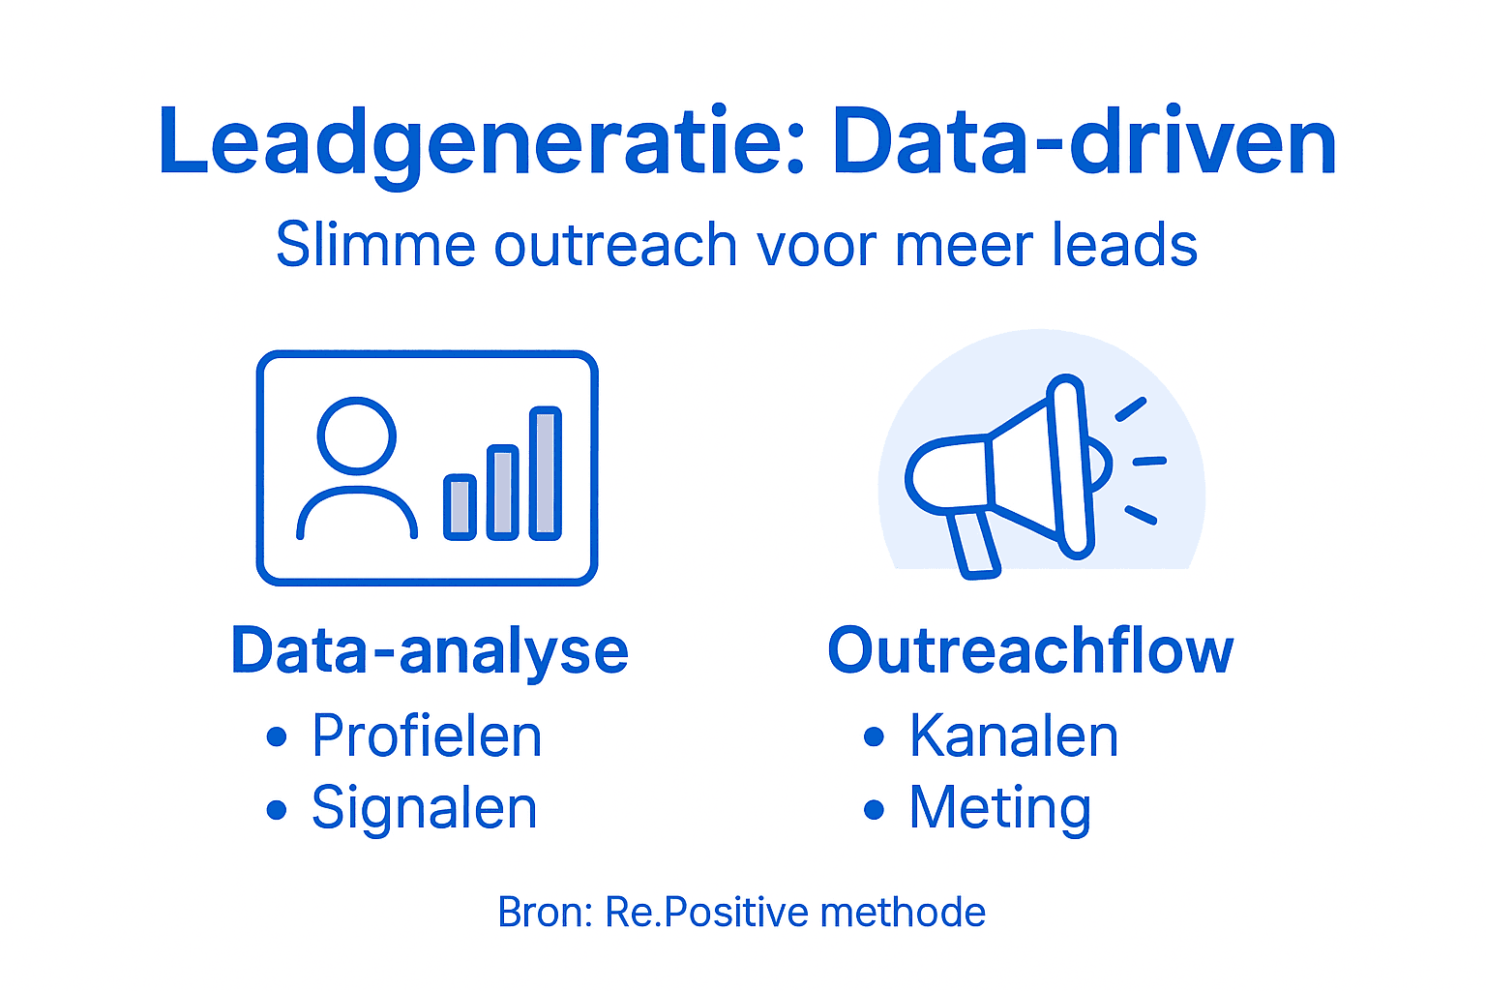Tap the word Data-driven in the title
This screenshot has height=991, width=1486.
click(x=1084, y=143)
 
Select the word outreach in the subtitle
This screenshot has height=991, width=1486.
click(x=615, y=245)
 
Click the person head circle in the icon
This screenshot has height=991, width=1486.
click(x=357, y=435)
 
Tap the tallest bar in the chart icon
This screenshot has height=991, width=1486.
click(x=546, y=472)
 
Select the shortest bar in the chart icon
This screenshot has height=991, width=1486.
click(x=460, y=506)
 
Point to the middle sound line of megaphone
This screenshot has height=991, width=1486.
click(x=1149, y=462)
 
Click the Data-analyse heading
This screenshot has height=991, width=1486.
click(x=430, y=650)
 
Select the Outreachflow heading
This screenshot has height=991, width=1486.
click(x=1030, y=650)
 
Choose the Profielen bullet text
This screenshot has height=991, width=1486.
click(x=427, y=736)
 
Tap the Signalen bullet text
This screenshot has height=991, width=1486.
click(x=424, y=808)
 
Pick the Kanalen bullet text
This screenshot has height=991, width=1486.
click(x=1013, y=736)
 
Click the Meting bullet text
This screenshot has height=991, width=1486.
click(x=999, y=808)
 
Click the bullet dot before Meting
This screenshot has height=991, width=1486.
click(x=874, y=809)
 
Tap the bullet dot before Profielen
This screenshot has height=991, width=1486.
click(x=277, y=737)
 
